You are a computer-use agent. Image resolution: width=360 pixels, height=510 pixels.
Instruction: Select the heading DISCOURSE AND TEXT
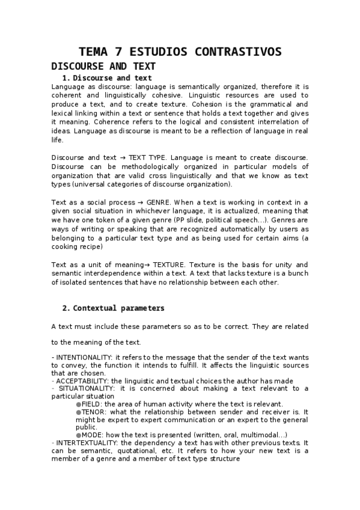(103, 66)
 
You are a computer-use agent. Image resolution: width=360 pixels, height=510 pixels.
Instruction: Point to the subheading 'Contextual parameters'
(118, 308)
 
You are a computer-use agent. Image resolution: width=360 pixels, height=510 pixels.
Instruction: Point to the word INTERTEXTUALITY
(85, 443)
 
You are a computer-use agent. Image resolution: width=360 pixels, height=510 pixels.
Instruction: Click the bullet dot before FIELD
(78, 404)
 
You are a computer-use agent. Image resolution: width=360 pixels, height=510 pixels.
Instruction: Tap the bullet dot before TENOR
(78, 412)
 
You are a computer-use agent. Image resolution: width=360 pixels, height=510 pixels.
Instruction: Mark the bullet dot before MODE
(78, 435)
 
